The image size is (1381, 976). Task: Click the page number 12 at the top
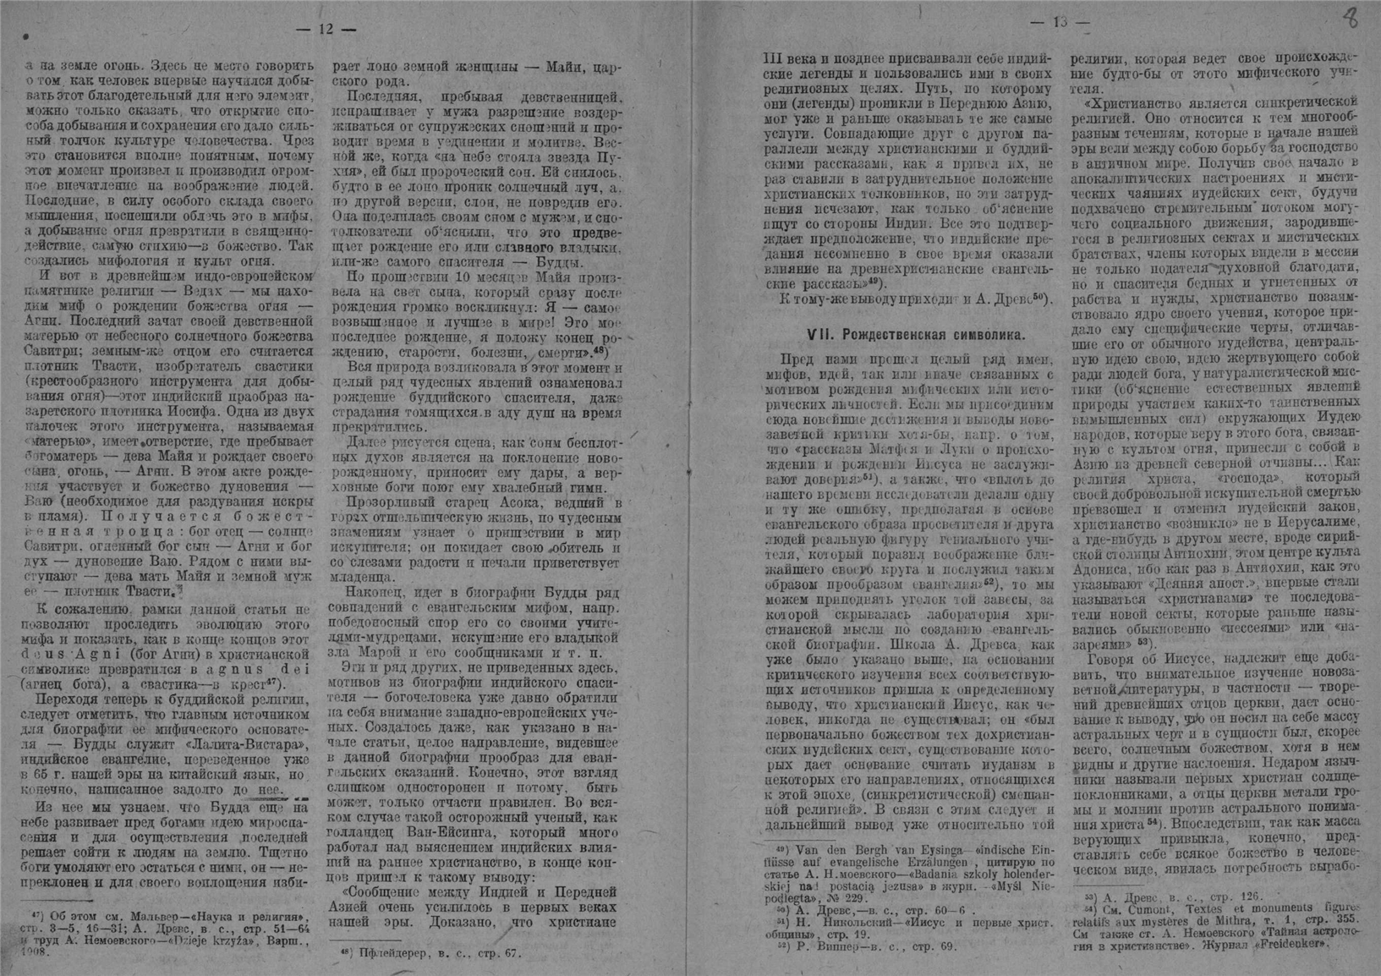326,30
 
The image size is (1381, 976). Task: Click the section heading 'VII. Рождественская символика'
916,334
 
